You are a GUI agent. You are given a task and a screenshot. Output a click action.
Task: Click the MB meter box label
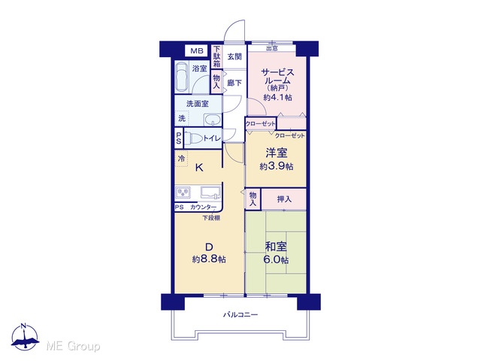[197, 51]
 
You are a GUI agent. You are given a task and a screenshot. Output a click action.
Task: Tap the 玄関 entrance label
[234, 56]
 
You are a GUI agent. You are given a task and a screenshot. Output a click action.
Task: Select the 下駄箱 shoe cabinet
[217, 56]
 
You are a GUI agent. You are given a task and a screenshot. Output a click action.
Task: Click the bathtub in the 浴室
[182, 77]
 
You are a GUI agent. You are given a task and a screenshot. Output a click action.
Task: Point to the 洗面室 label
[198, 104]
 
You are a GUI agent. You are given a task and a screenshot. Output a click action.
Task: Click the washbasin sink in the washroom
[213, 120]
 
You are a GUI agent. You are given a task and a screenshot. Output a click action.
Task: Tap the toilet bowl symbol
[194, 138]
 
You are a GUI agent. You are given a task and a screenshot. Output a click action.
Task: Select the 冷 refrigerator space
[181, 159]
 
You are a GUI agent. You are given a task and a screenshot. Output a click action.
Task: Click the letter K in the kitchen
[199, 168]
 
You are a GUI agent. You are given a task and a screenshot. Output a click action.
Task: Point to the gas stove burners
[183, 193]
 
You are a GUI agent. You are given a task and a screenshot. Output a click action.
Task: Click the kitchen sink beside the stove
[210, 193]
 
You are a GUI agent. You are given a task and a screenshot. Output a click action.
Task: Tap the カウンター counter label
[203, 208]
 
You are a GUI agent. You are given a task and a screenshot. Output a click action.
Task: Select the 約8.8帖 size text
[209, 259]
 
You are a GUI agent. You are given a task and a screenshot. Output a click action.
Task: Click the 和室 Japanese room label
[276, 247]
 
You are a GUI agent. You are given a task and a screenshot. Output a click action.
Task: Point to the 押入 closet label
[284, 199]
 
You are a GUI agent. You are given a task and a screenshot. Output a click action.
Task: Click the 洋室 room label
[277, 153]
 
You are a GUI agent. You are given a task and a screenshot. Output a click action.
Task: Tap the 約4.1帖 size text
[277, 98]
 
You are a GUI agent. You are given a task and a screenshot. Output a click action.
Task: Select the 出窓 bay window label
[272, 48]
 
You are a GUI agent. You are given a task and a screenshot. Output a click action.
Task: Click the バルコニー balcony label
[240, 314]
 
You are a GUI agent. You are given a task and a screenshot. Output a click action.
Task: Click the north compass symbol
[25, 337]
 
